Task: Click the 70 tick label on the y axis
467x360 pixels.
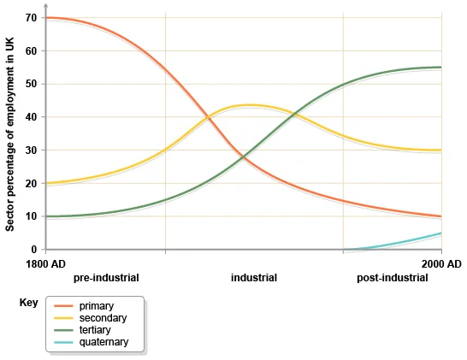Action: [x=31, y=18]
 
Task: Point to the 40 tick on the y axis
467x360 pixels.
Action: [x=31, y=117]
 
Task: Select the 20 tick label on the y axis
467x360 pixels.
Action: [x=31, y=184]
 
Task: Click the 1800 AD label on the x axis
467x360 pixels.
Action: [x=48, y=263]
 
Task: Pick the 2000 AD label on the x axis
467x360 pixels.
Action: [x=442, y=263]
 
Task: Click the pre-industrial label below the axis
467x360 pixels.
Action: [x=106, y=278]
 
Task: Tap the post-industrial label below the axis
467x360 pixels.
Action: [x=392, y=278]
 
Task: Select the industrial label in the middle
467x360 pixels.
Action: [x=254, y=278]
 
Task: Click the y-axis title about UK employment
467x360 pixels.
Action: [x=10, y=133]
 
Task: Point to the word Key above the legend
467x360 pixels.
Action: [x=27, y=303]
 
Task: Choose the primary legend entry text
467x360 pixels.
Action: [x=97, y=306]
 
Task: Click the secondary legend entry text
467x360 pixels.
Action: [x=103, y=318]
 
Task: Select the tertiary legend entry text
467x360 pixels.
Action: [x=97, y=330]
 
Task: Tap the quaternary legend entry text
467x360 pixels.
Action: [x=103, y=342]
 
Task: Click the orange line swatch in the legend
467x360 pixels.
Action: [x=64, y=306]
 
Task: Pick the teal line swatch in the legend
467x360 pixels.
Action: [x=64, y=342]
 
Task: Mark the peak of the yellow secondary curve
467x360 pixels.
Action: [x=250, y=105]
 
